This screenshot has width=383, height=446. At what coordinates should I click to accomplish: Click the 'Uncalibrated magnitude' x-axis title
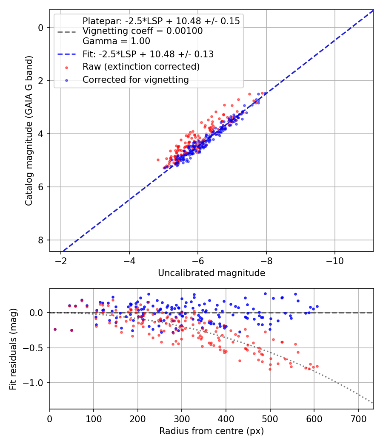tap(212, 273)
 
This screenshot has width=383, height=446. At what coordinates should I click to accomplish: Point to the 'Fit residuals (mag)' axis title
tap(13, 349)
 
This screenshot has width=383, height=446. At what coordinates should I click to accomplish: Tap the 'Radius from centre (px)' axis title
tap(212, 431)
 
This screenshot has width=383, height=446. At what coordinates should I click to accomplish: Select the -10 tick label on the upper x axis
tap(334, 261)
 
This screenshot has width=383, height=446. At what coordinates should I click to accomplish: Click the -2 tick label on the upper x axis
tap(61, 261)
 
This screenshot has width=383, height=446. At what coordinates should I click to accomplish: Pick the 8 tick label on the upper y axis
tap(41, 240)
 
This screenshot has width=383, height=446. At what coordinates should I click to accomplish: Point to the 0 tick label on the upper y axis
tap(41, 28)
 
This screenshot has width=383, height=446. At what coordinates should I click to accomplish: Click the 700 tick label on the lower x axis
tap(358, 419)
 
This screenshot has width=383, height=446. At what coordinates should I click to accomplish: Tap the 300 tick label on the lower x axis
tap(182, 419)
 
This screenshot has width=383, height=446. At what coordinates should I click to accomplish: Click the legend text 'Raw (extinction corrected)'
tap(141, 67)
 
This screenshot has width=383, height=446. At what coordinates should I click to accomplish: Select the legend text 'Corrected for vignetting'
tap(136, 80)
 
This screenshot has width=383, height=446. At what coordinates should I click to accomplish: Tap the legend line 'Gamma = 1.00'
tap(116, 41)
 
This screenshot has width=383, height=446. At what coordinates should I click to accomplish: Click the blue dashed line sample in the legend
tap(67, 54)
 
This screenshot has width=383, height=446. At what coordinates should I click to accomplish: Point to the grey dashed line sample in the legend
tap(67, 32)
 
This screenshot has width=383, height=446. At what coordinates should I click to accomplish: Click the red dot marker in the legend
tap(67, 68)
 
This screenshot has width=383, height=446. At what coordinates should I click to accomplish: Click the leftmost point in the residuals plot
tap(55, 329)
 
